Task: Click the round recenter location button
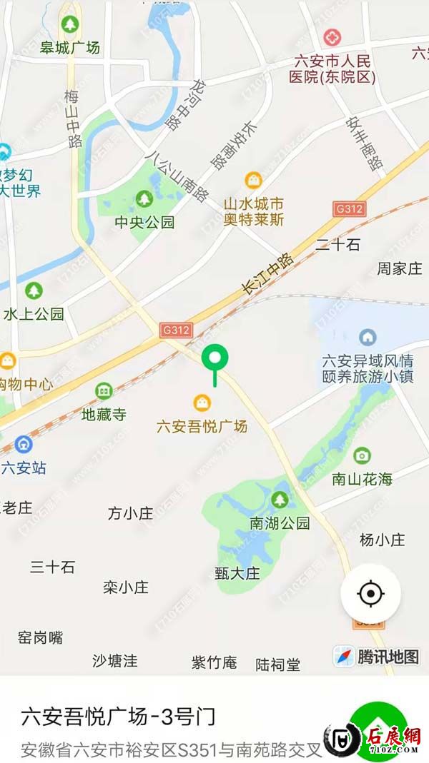pyautogui.click(x=370, y=593)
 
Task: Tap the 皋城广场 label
pyautogui.click(x=69, y=48)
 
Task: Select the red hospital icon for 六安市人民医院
pyautogui.click(x=332, y=38)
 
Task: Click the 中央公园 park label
pyautogui.click(x=144, y=222)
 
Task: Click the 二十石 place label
pyautogui.click(x=337, y=245)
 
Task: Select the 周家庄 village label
pyautogui.click(x=400, y=268)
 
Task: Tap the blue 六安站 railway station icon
pyautogui.click(x=24, y=445)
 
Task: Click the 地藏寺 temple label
pyautogui.click(x=104, y=414)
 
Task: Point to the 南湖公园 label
pyautogui.click(x=280, y=523)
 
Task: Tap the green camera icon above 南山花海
pyautogui.click(x=362, y=455)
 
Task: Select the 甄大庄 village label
pyautogui.click(x=237, y=572)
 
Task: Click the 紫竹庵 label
pyautogui.click(x=214, y=662)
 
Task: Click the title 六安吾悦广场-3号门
pyautogui.click(x=118, y=716)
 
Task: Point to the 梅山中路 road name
pyautogui.click(x=73, y=118)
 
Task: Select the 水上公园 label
pyautogui.click(x=34, y=313)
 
